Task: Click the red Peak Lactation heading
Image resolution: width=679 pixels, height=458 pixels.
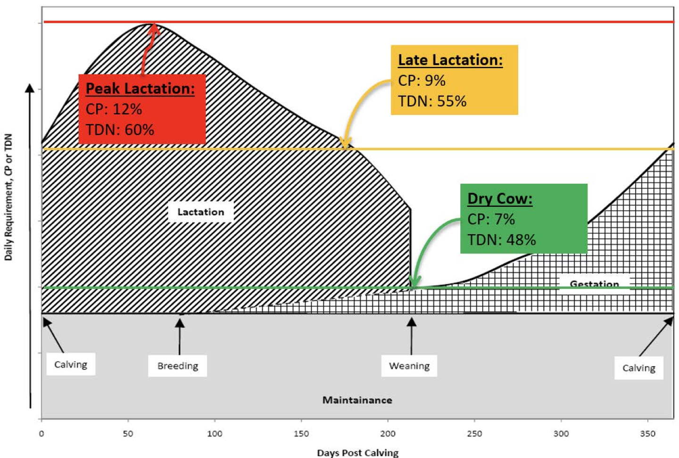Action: pos(140,89)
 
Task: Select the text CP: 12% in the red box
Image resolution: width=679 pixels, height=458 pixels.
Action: pos(114,109)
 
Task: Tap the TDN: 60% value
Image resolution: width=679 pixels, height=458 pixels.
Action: pos(120,130)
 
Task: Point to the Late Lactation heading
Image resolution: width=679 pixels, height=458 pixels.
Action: pos(450,60)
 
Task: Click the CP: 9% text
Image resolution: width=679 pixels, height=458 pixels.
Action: pos(422,81)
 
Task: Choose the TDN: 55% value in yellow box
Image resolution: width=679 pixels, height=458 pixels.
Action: pos(432,101)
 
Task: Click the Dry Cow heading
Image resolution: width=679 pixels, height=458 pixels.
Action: pos(500,199)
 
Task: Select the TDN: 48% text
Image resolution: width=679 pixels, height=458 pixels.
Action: pos(501,240)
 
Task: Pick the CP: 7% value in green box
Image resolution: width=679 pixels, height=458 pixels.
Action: pos(491,219)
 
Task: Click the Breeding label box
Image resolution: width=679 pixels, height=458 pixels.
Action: pos(178,366)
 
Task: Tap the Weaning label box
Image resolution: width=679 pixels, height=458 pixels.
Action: pos(409,366)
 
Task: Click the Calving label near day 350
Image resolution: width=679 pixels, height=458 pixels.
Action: pos(638,368)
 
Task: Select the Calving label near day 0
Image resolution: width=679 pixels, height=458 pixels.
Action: pos(71,364)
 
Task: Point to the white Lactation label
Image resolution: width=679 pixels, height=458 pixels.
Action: pos(201,212)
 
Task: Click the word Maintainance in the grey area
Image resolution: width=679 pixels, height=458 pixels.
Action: pos(357,400)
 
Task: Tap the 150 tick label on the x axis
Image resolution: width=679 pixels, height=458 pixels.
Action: pos(301,434)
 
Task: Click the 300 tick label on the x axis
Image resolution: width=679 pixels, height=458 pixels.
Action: pos(561,434)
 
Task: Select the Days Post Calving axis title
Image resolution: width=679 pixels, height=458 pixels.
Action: pos(358,453)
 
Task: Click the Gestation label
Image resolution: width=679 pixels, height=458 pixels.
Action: pos(595,284)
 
